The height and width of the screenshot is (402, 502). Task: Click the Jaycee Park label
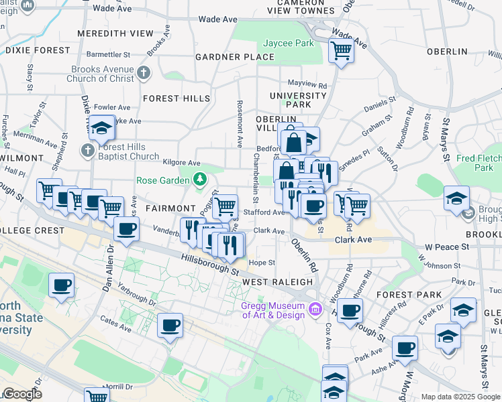[x=289, y=43]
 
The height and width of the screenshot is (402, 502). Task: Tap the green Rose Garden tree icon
[x=199, y=180]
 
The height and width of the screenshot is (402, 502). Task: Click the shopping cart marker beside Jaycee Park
[x=342, y=50]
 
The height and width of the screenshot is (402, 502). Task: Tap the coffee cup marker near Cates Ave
[x=170, y=326]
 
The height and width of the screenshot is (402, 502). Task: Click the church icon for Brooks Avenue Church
[x=143, y=72]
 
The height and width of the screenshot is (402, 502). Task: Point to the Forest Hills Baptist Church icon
[x=88, y=151]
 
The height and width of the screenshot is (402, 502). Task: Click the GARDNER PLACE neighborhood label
[x=235, y=57]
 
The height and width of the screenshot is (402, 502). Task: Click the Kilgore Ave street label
[x=182, y=162]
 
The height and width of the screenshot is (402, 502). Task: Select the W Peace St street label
[x=444, y=247]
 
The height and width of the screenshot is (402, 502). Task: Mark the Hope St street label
[x=262, y=263]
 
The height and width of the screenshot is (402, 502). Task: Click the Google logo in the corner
[x=21, y=394]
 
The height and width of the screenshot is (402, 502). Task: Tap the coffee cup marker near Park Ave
[x=405, y=348]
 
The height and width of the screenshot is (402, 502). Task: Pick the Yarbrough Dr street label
[x=137, y=293]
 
